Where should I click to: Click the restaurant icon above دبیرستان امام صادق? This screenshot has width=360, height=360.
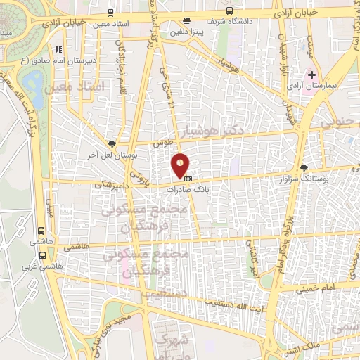pos(59,49)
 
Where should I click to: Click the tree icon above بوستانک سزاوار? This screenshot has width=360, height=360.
pos(304,168)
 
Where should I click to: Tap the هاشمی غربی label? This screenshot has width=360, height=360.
pos(35,266)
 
